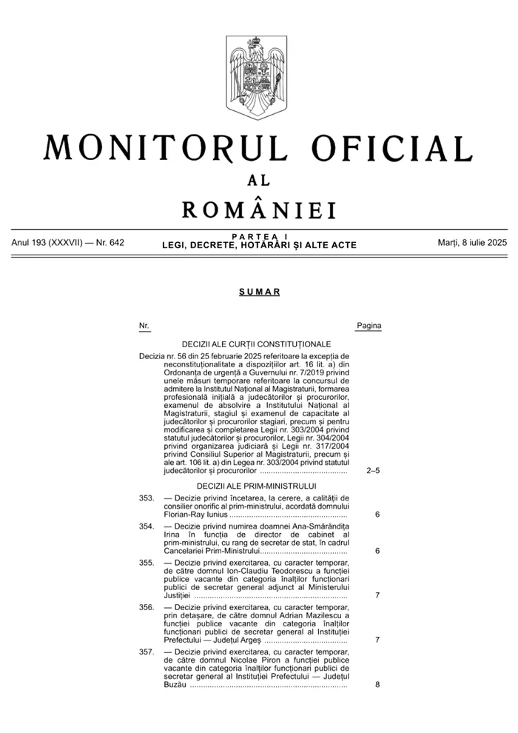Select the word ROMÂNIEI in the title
pyautogui.click(x=258, y=209)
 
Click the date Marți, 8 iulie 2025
pyautogui.click(x=472, y=243)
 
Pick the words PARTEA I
pyautogui.click(x=259, y=236)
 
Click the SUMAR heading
pyautogui.click(x=259, y=292)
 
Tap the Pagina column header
pyautogui.click(x=369, y=326)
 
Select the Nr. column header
pyautogui.click(x=144, y=326)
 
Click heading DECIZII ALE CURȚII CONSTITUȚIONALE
pyautogui.click(x=256, y=344)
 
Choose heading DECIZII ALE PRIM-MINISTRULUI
pyautogui.click(x=256, y=485)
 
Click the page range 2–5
pyautogui.click(x=373, y=470)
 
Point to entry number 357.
pyautogui.click(x=146, y=652)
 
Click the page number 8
pyautogui.click(x=377, y=685)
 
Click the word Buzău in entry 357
pyautogui.click(x=175, y=685)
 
